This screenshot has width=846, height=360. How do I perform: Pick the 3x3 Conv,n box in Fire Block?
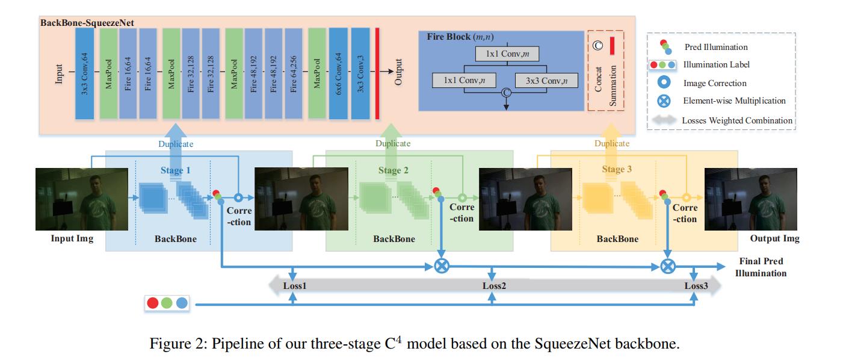click(544, 80)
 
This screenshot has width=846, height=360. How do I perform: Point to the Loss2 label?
click(494, 286)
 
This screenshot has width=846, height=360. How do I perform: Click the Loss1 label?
click(295, 286)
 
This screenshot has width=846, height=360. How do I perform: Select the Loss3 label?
click(696, 286)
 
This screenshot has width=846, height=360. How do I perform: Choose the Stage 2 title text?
click(394, 170)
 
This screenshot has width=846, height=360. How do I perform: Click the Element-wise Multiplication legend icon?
click(667, 101)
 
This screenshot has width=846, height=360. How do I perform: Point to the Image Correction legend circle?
click(667, 83)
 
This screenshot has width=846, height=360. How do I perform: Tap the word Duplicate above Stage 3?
click(612, 143)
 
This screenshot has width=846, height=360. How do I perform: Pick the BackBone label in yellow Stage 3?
click(617, 239)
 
